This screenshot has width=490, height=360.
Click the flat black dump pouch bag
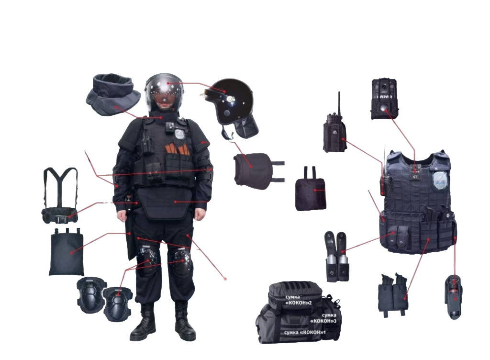pos(67,252)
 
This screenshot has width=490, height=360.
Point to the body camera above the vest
pos(385,99)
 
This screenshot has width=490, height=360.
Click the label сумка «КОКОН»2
pos(299,300)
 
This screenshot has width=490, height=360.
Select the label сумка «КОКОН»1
pos(305,333)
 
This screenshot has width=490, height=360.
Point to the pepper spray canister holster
pos(454,297)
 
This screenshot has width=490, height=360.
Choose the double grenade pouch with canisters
pos(336,256)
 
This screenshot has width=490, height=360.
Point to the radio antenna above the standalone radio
pos(339,103)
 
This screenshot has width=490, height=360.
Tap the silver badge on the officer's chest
pos(180,134)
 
